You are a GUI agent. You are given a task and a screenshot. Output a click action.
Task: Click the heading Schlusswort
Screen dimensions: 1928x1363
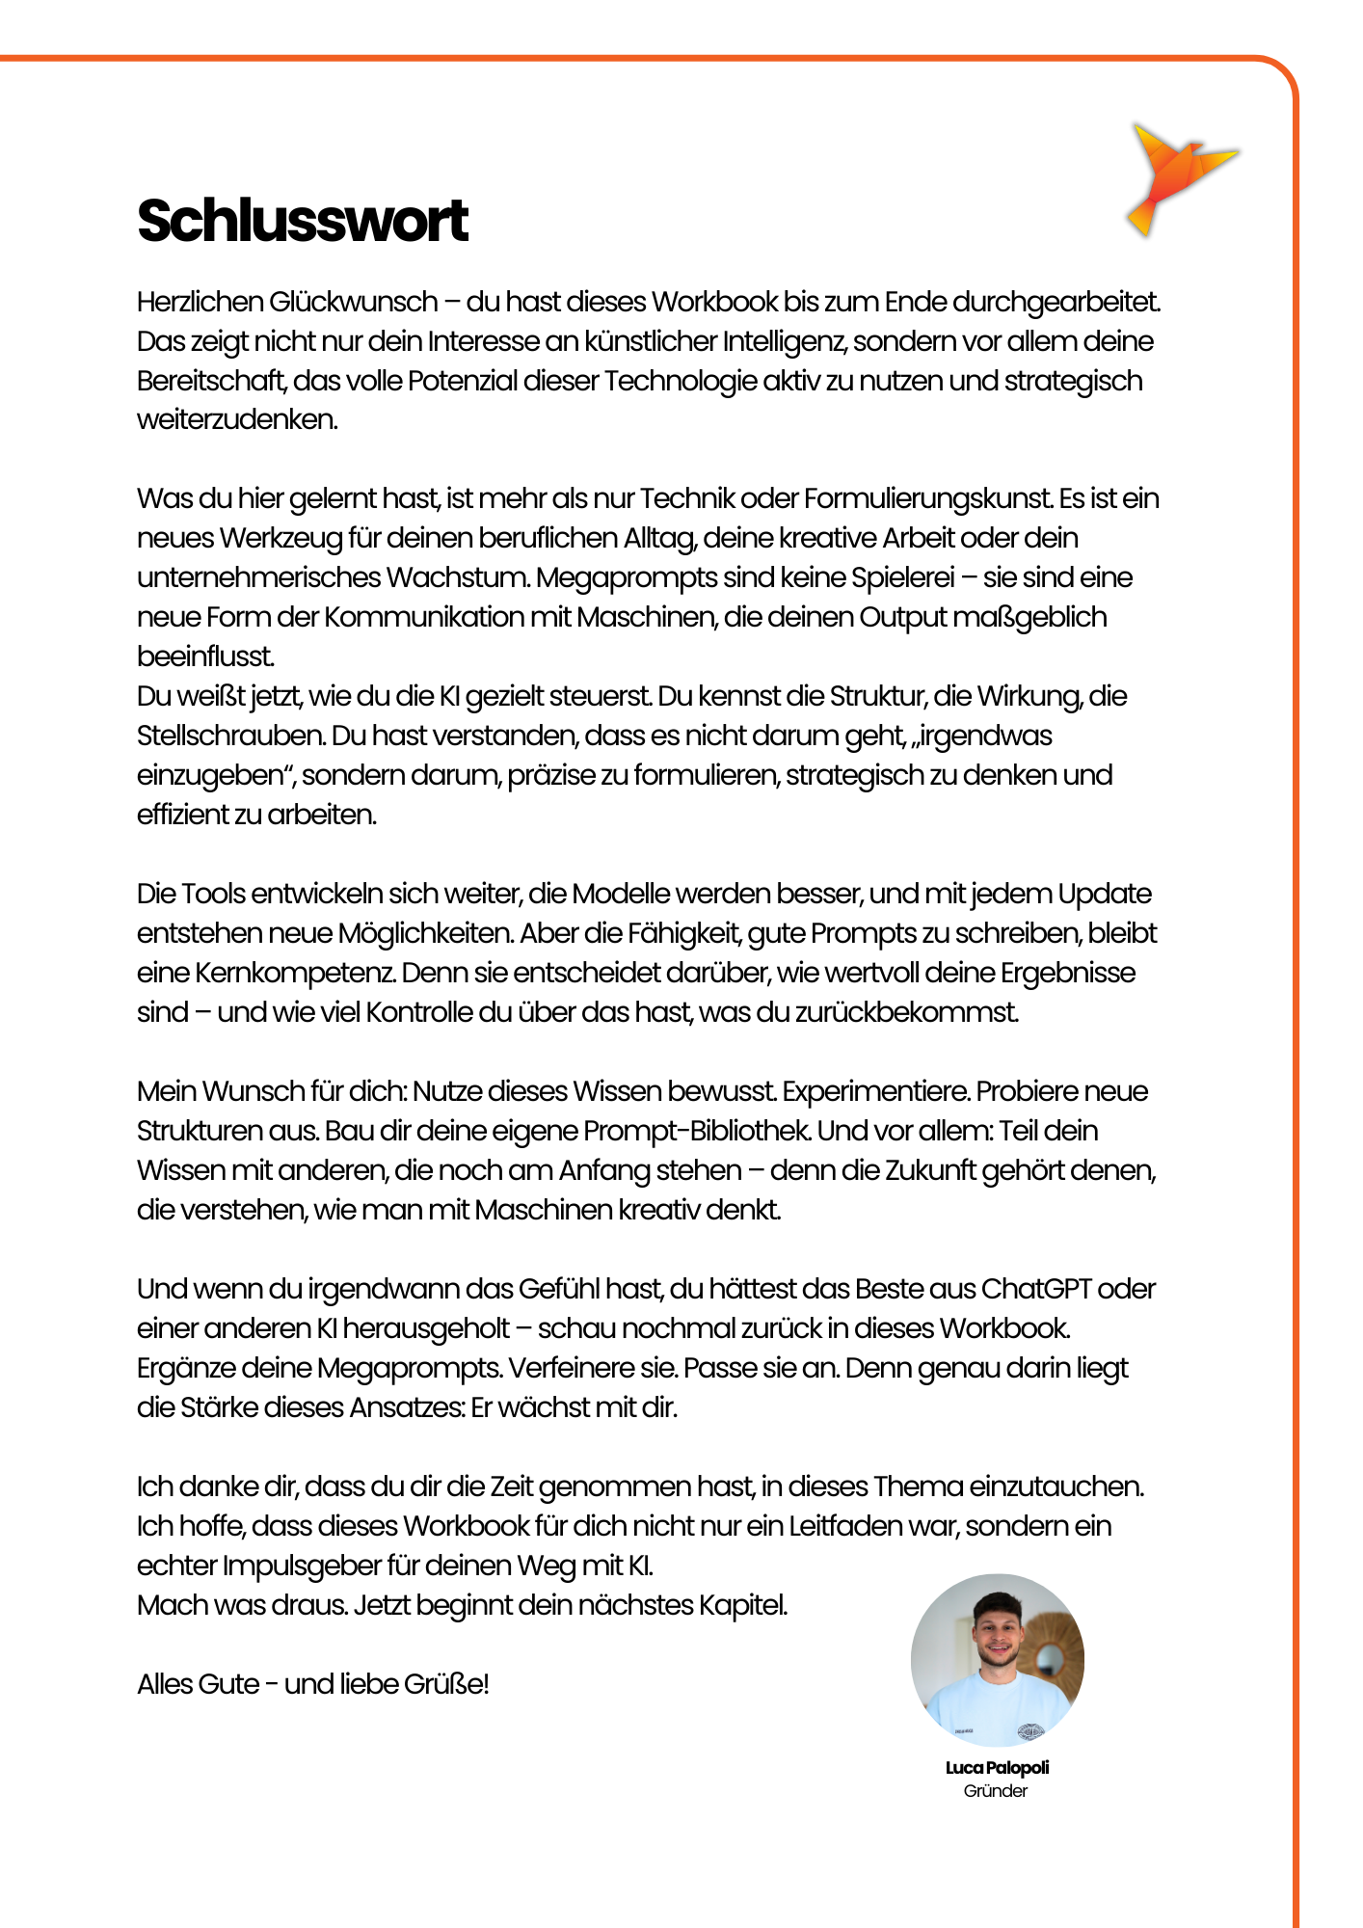click(x=303, y=221)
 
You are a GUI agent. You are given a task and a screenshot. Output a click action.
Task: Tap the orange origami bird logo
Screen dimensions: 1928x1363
click(x=1178, y=176)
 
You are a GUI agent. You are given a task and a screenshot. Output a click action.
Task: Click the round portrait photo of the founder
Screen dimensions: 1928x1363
click(x=998, y=1660)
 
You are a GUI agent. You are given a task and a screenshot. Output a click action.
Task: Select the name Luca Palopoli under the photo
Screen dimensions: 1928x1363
click(x=997, y=1767)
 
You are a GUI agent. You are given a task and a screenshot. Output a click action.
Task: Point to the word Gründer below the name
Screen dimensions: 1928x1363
click(x=996, y=1791)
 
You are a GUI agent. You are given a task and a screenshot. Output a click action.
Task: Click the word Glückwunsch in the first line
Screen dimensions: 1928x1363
click(x=354, y=302)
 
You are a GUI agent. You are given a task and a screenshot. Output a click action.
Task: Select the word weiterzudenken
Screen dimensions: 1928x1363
click(x=237, y=420)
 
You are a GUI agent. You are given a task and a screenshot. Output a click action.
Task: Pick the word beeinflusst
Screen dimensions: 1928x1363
click(x=205, y=656)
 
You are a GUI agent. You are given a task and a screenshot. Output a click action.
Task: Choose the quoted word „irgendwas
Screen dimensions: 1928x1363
click(x=982, y=736)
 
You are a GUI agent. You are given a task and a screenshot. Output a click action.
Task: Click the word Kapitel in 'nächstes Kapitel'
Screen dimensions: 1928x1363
click(x=742, y=1605)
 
